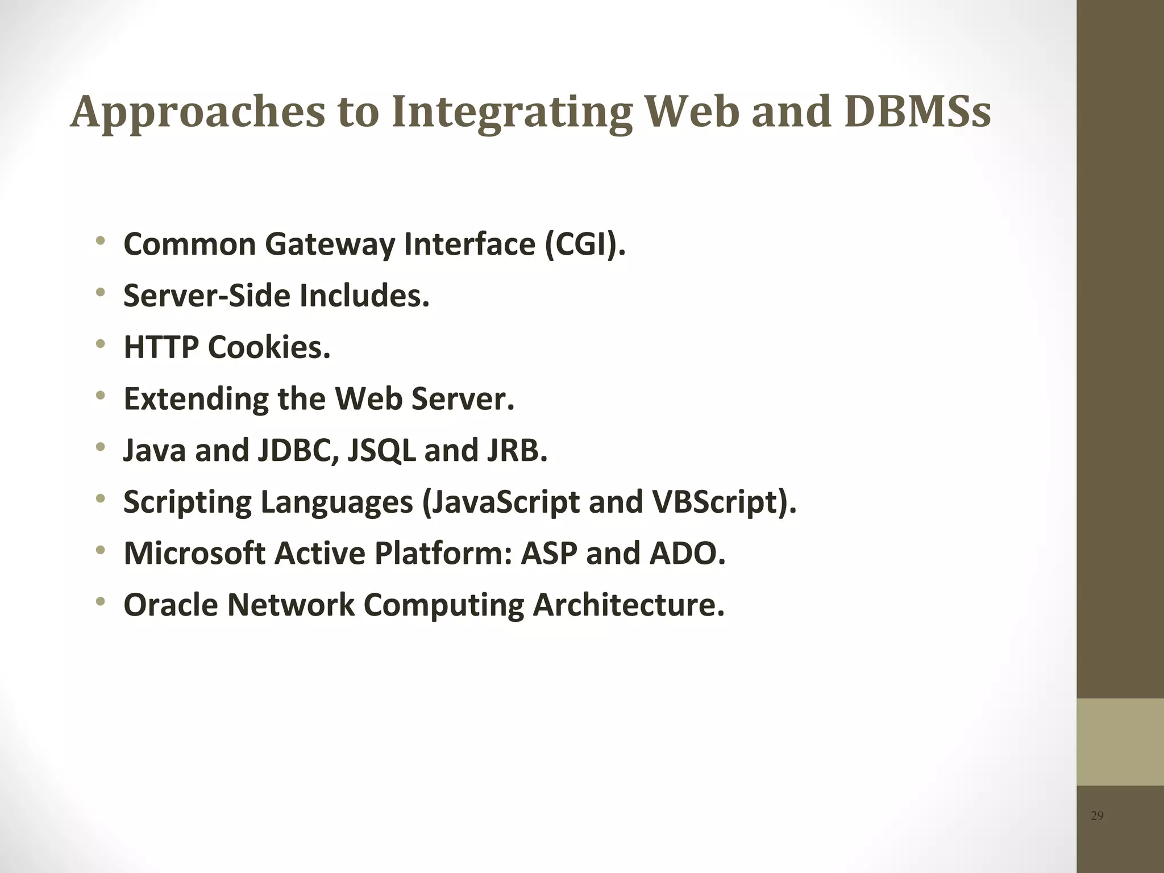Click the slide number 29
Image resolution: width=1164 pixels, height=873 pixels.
[x=1097, y=816]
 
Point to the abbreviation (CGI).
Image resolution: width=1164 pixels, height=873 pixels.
[x=585, y=244]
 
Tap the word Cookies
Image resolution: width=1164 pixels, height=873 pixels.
[x=269, y=347]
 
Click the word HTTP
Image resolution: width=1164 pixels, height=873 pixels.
[x=161, y=347]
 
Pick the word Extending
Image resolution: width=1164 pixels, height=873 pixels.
[x=196, y=399]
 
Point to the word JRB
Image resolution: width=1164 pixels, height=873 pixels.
[x=516, y=451]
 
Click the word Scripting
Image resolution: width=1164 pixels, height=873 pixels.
[x=187, y=502]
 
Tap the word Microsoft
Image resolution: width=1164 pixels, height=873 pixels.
[x=194, y=554]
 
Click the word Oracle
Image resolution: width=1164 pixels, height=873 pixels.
[x=171, y=605]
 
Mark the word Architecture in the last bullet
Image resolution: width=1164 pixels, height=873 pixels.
[x=628, y=605]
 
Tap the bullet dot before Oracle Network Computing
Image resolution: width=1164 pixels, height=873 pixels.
[x=101, y=601]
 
